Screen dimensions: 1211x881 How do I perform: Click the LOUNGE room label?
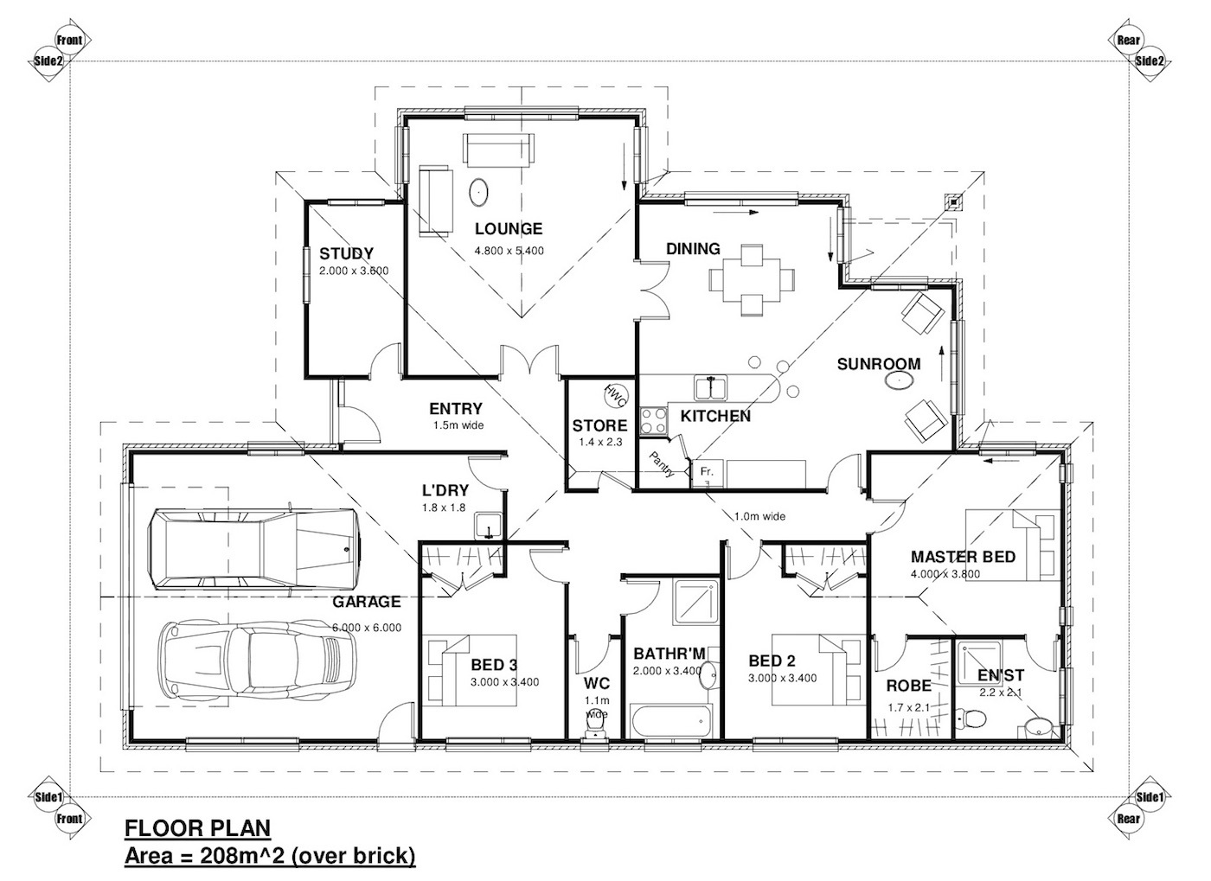click(509, 229)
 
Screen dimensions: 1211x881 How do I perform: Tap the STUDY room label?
click(346, 253)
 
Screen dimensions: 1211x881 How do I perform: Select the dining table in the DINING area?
click(752, 280)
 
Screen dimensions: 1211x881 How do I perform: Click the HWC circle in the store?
click(615, 396)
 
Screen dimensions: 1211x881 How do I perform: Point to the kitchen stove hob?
click(653, 421)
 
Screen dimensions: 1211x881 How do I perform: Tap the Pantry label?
click(663, 465)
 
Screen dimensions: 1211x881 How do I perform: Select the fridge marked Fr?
click(708, 474)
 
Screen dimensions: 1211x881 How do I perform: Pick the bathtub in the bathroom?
click(671, 720)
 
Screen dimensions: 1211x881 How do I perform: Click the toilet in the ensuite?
click(971, 718)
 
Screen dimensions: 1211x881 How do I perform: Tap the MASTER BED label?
click(963, 557)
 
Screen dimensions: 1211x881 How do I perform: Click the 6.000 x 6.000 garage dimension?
click(367, 628)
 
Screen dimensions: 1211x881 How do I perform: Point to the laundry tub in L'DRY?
click(488, 526)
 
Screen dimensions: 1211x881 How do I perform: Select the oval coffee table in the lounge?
click(478, 192)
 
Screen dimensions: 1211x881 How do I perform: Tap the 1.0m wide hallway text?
click(759, 516)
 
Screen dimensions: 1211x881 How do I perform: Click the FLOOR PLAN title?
click(197, 827)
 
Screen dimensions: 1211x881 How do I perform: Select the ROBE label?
click(908, 686)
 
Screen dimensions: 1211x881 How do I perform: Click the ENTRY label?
click(455, 409)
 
